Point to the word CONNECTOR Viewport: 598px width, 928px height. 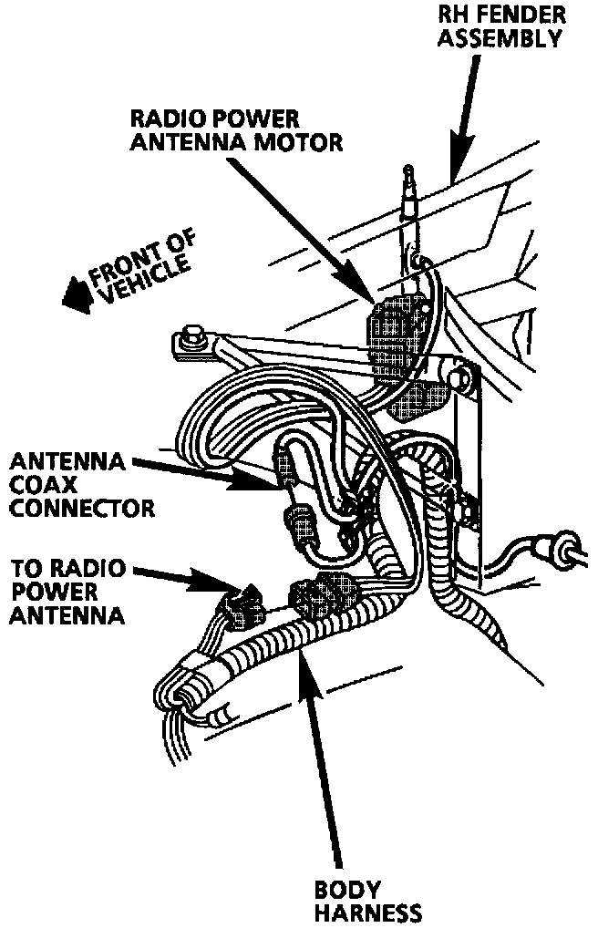click(x=77, y=507)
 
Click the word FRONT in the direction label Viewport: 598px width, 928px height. click(x=119, y=264)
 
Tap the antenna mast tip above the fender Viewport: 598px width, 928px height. click(x=408, y=171)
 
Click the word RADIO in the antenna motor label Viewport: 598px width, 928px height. click(x=163, y=119)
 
